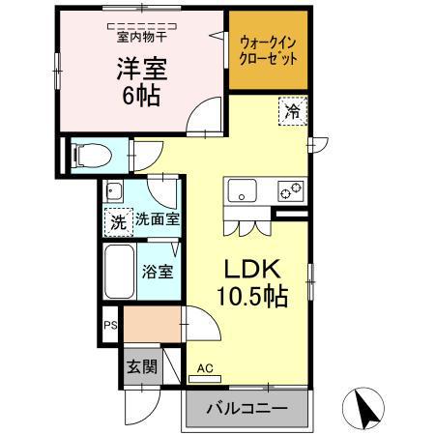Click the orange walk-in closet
click(268, 50)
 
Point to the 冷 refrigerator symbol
click(291, 111)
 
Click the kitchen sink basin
click(241, 190)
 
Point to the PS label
click(110, 326)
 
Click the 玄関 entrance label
click(141, 366)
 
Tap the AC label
click(204, 368)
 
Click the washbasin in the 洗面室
click(113, 188)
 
